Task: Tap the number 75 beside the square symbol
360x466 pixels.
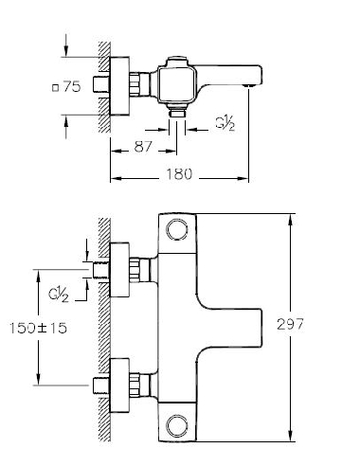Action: [72, 86]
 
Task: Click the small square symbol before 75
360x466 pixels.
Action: [59, 87]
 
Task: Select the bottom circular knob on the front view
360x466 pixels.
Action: [177, 421]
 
